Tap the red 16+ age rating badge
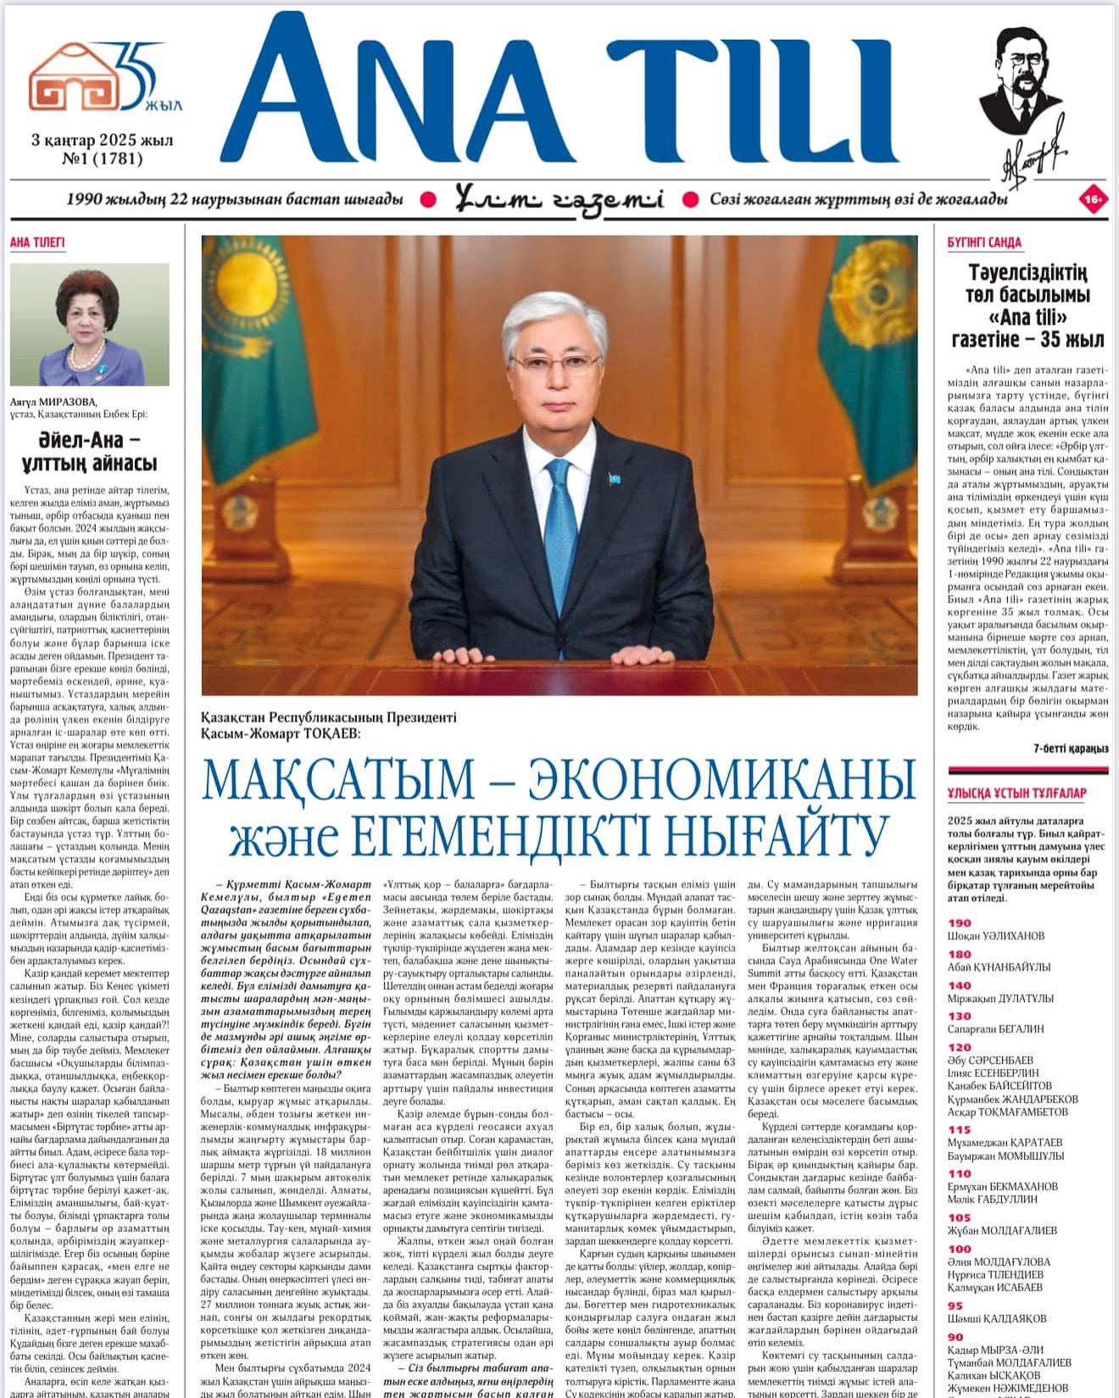coord(1092,200)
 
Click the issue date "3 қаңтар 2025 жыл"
coord(102,140)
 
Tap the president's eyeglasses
coord(556,365)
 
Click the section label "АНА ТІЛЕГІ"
coord(37,242)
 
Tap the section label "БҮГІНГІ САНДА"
coord(984,242)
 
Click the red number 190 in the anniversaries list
coord(960,923)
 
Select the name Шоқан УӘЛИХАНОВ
coord(995,936)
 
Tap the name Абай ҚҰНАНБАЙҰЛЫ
coord(999,967)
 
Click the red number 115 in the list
coord(960,1129)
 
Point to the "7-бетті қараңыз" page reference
coord(1071,749)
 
